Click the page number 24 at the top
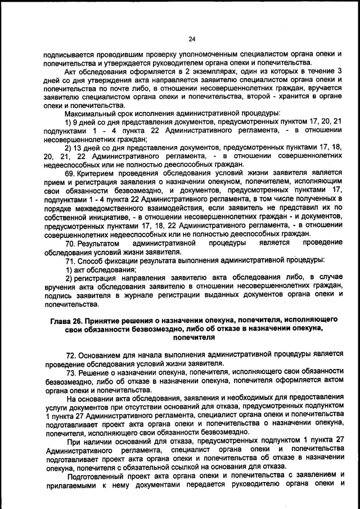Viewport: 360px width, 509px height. click(x=191, y=39)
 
